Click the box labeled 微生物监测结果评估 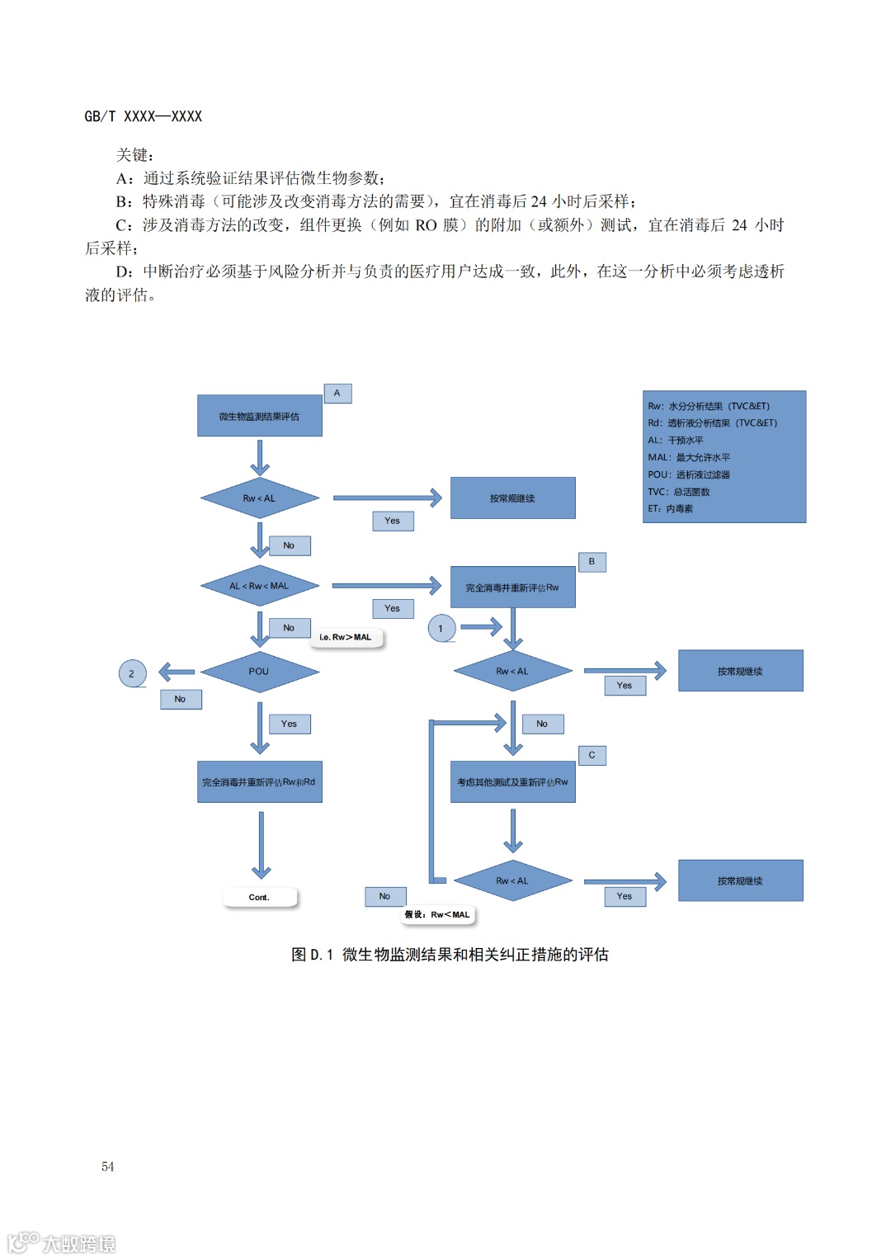(259, 416)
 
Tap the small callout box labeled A (337, 394)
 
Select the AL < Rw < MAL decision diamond (259, 586)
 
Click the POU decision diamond (259, 672)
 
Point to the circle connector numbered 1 (441, 629)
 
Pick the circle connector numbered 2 (132, 674)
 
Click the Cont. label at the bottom (259, 897)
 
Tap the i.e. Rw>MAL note (346, 637)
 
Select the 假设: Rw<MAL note (437, 914)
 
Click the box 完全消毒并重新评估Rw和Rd (259, 782)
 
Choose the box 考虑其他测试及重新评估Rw (512, 782)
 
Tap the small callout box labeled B (592, 562)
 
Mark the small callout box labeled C (592, 755)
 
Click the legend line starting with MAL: (689, 457)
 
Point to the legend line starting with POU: (689, 474)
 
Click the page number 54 (108, 1166)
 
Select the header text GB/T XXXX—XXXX (144, 116)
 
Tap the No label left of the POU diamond (181, 699)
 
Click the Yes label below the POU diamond (289, 724)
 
